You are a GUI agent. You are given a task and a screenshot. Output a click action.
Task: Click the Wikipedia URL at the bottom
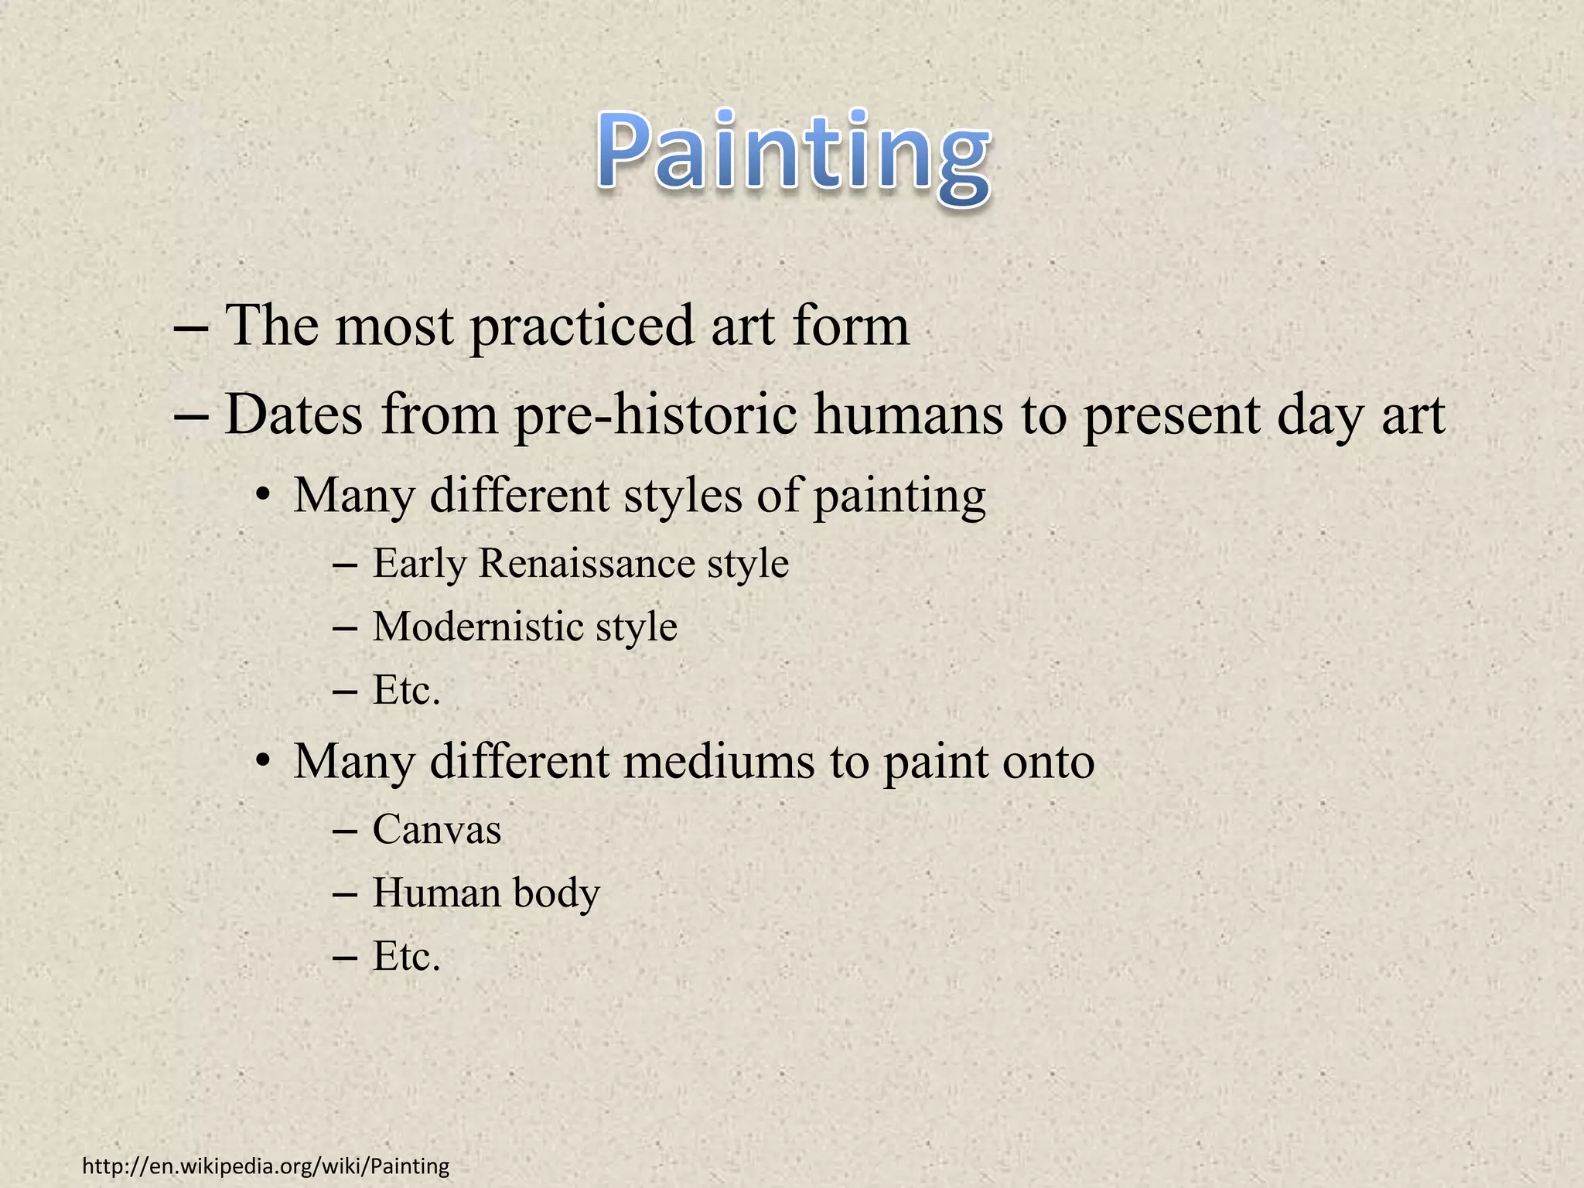tap(265, 1166)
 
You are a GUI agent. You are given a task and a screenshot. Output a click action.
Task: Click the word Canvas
tap(437, 830)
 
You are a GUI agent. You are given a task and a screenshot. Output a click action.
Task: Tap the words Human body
tap(486, 893)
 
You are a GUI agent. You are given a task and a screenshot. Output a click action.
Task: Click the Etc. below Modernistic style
tap(406, 690)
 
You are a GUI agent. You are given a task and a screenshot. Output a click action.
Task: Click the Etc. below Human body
tap(406, 957)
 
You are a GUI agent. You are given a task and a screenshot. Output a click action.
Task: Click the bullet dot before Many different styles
tap(263, 497)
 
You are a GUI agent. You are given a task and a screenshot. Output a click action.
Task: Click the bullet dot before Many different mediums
tap(263, 763)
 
